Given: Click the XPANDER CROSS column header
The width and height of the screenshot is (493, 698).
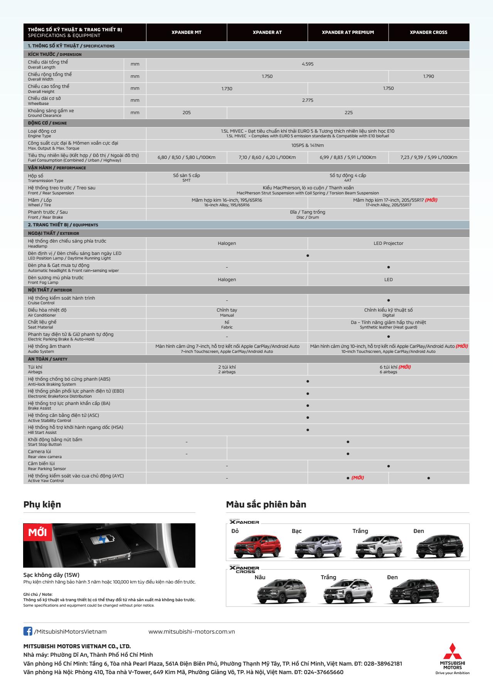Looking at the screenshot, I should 428,32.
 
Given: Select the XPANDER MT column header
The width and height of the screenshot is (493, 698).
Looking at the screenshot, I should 187,32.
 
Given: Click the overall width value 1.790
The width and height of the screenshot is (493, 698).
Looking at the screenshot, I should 428,76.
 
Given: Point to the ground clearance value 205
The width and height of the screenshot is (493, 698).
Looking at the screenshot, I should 187,113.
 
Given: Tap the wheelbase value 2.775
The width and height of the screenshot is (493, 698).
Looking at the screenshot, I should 308,100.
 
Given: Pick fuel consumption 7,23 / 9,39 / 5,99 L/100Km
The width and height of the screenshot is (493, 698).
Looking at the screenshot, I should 428,157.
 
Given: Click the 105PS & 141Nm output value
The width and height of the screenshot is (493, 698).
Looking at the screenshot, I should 308,145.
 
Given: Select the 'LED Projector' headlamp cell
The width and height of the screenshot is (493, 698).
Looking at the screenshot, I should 388,243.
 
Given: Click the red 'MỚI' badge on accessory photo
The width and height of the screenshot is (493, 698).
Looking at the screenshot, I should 37,533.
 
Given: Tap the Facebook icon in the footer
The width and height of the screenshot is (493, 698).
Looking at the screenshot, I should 28,631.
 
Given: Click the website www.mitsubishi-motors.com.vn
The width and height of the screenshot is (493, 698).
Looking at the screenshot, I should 192,632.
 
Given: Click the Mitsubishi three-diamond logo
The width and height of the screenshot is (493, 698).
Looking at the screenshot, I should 452,651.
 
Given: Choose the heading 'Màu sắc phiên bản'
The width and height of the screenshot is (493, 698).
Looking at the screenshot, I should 266,504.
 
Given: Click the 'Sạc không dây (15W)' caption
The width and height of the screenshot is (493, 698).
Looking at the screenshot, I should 51,575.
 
